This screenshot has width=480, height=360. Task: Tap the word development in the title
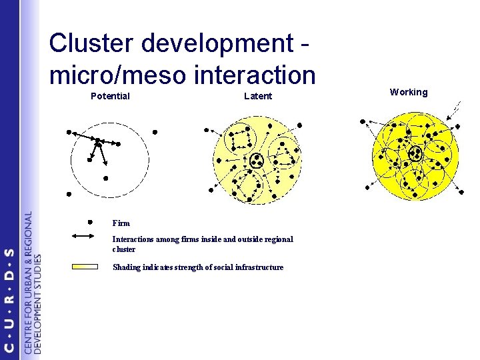pos(213,44)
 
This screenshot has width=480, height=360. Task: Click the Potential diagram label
pos(110,96)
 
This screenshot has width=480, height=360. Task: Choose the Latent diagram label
pos(258,96)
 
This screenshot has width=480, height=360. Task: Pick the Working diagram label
pos(409,92)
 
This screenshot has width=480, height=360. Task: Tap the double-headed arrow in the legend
pos(90,235)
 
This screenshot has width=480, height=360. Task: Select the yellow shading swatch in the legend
pos(86,267)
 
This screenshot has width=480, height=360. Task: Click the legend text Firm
pos(121,223)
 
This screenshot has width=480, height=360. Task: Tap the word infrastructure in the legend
pos(261,267)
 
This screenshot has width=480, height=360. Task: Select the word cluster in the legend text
pos(124,249)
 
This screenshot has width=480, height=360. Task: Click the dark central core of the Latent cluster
pos(257,160)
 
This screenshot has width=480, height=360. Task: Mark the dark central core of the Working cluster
pos(415,153)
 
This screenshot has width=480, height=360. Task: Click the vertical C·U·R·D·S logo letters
pos(9,300)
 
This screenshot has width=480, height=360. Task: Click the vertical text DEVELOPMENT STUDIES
pos(37,303)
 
